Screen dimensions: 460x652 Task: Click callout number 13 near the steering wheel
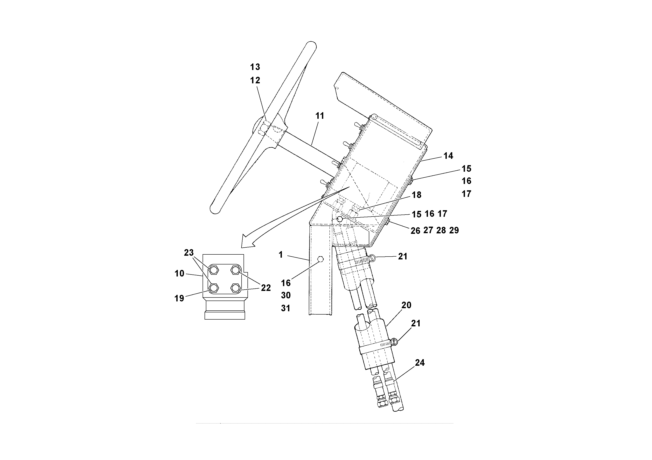pos(255,67)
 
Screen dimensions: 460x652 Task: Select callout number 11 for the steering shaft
pos(320,116)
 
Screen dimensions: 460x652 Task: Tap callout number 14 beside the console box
pos(448,156)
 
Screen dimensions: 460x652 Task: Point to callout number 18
pos(416,195)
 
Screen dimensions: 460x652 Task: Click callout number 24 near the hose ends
pos(419,363)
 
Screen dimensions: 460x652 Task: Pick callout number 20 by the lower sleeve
pos(406,305)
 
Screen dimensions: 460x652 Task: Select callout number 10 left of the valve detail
pos(179,273)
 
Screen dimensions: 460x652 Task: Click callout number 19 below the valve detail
pos(179,298)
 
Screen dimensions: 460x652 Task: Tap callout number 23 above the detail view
pos(189,253)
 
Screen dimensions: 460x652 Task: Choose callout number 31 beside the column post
pos(286,308)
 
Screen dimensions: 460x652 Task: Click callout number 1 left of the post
pos(281,255)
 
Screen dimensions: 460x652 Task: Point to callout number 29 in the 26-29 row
pos(454,230)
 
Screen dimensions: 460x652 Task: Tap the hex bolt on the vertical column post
pos(320,259)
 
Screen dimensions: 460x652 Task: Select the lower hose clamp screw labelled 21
pos(394,342)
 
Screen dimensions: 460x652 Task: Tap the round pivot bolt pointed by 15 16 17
pos(340,219)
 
